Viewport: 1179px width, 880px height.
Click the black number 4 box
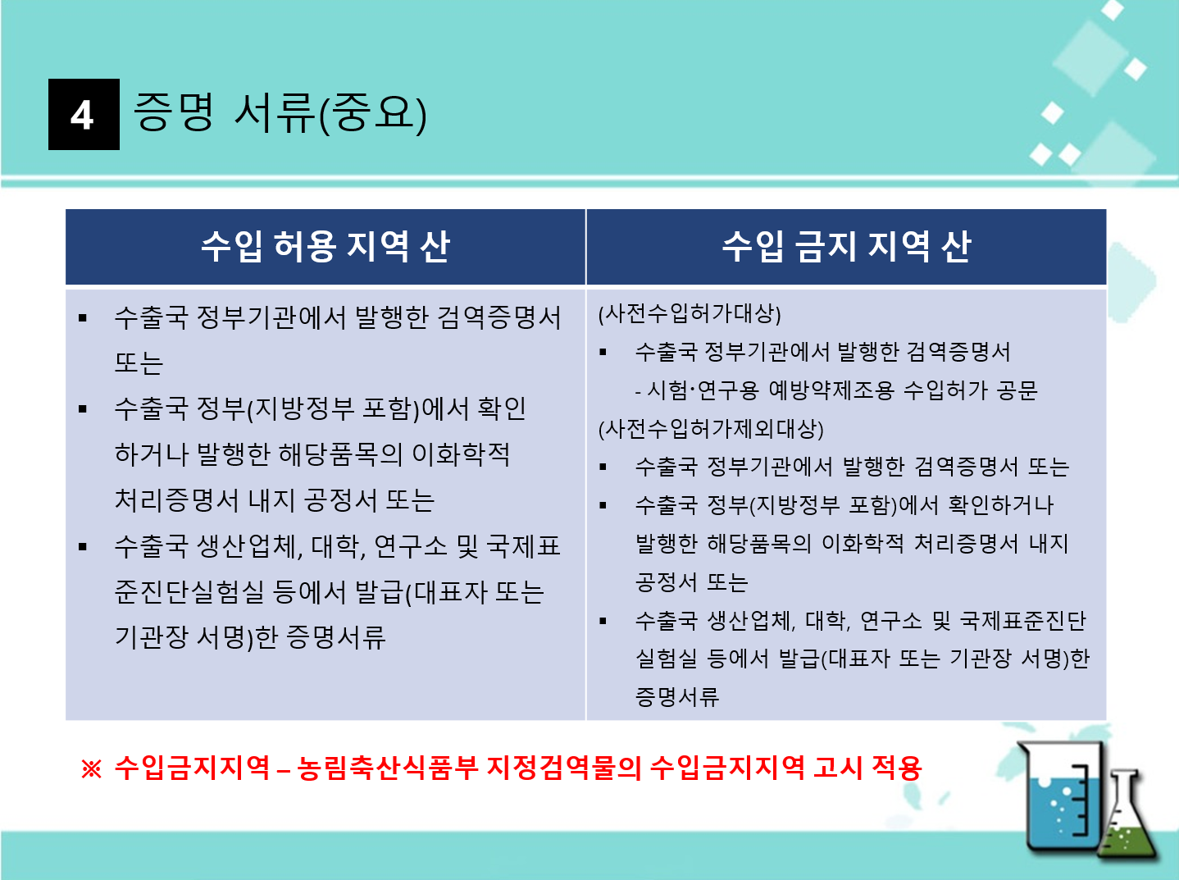84,115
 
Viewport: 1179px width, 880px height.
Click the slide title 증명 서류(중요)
280,113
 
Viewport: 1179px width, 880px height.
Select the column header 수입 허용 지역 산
325,247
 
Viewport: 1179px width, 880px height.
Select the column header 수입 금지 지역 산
846,247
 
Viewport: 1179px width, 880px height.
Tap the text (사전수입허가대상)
690,314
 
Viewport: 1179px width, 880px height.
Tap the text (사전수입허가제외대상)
711,429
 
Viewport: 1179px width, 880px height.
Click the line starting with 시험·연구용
836,390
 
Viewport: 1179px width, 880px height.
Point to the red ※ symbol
91,768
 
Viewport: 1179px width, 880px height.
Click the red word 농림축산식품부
387,768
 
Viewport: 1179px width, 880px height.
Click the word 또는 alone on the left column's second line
139,363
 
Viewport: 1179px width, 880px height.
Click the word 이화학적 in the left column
461,454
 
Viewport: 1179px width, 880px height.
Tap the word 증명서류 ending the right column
676,697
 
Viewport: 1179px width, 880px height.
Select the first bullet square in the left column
83,318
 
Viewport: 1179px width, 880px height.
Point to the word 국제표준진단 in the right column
1022,621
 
